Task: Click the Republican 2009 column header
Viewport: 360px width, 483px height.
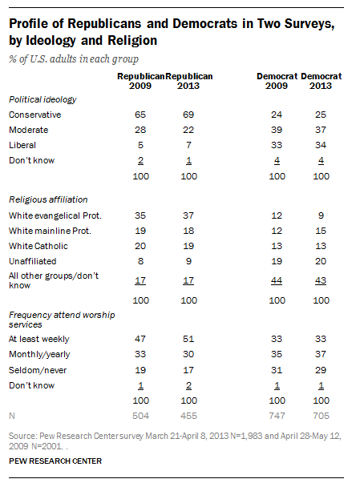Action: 141,80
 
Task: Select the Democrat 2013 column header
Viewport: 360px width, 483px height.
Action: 320,80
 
